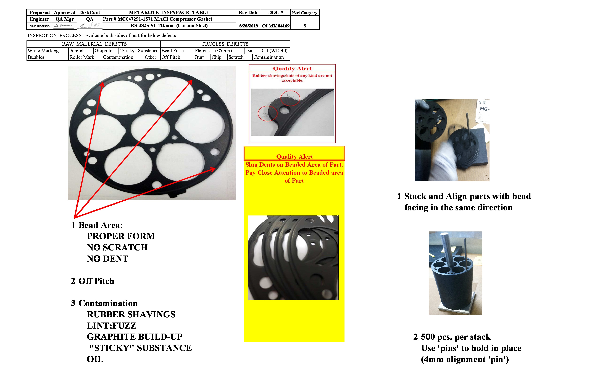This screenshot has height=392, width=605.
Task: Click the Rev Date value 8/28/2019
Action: (x=248, y=26)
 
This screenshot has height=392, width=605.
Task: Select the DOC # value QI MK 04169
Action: (x=276, y=26)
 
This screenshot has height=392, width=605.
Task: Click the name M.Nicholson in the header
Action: (x=39, y=26)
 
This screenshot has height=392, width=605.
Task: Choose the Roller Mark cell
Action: (x=82, y=57)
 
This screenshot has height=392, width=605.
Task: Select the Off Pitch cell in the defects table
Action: (x=171, y=57)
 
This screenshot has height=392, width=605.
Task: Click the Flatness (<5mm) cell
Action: (x=213, y=50)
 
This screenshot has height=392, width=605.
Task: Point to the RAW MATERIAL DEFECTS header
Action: (x=94, y=44)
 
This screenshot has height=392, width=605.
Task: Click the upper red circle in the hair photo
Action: (x=290, y=98)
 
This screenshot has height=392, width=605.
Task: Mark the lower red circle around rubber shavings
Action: (x=267, y=113)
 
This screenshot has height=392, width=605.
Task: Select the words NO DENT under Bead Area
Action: (x=107, y=258)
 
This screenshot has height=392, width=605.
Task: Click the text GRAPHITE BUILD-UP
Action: (x=135, y=337)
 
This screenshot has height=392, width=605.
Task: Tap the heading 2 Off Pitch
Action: (x=93, y=281)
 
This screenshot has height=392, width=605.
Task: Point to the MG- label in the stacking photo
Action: (x=484, y=109)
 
